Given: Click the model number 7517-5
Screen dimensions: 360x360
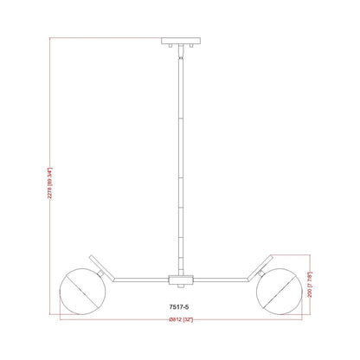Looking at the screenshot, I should (180, 305).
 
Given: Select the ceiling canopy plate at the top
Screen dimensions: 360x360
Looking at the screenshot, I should (180, 42).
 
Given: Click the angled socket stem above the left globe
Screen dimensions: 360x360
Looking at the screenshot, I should (99, 262).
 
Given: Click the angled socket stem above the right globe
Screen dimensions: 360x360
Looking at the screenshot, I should (261, 262).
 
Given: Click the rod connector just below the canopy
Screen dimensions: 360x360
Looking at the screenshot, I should (180, 55).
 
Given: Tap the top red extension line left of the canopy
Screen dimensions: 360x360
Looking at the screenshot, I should (104, 39).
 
